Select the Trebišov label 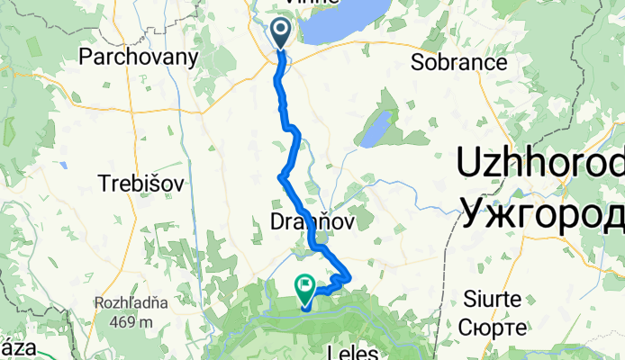click(x=139, y=184)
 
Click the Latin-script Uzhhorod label click(x=540, y=165)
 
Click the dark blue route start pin click(x=281, y=32)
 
